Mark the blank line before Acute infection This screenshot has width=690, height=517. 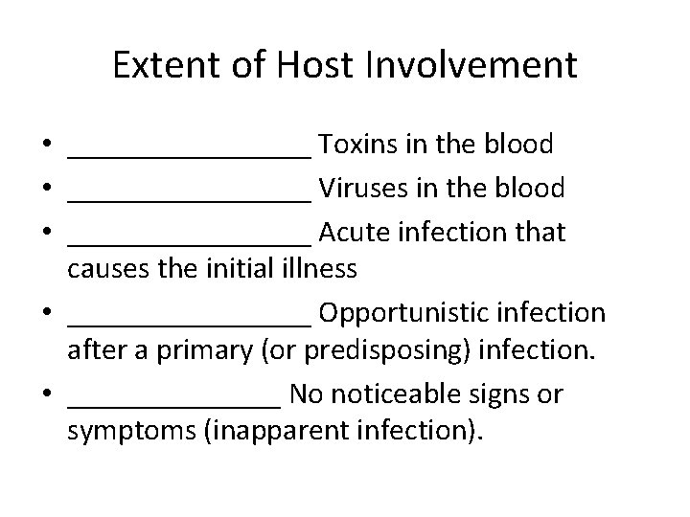190,239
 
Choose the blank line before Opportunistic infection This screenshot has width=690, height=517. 190,321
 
